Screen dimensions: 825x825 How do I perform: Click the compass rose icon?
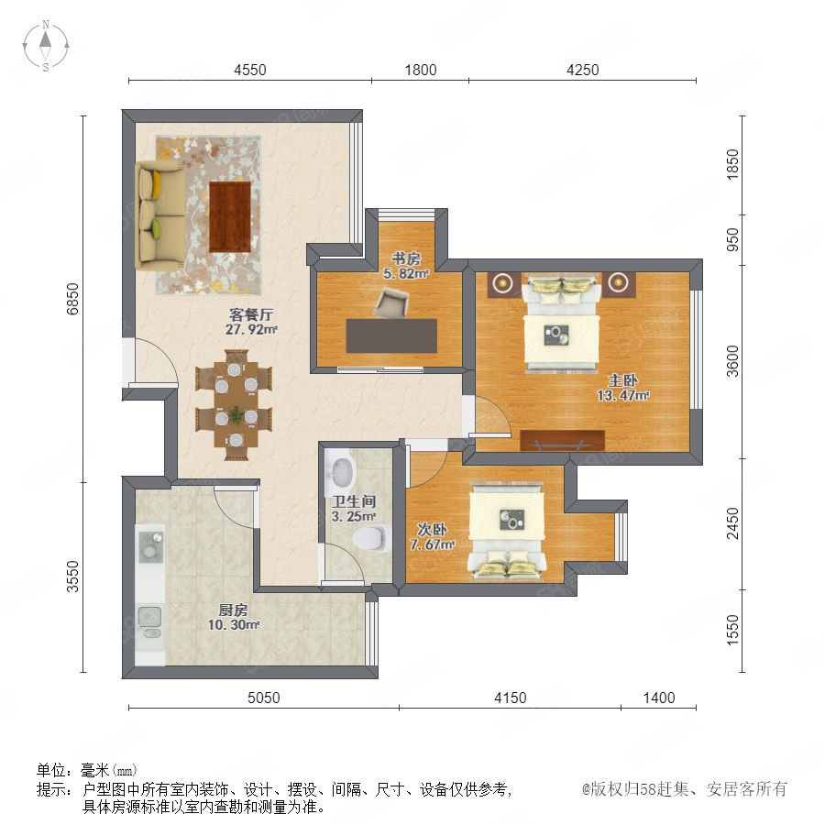pyautogui.click(x=46, y=46)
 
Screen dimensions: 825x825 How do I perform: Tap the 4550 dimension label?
pyautogui.click(x=250, y=70)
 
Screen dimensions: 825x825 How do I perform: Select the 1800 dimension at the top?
pyautogui.click(x=421, y=70)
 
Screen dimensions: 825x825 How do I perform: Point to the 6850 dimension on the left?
pyautogui.click(x=72, y=299)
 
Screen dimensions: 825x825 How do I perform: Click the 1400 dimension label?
pyautogui.click(x=659, y=698)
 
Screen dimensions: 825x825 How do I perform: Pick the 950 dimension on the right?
pyautogui.click(x=731, y=239)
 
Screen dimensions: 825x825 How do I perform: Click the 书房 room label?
pyautogui.click(x=406, y=258)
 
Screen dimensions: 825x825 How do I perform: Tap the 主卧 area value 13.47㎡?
pyautogui.click(x=623, y=395)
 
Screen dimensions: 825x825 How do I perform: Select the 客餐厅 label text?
pyautogui.click(x=251, y=314)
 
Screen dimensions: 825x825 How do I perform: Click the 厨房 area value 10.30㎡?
pyautogui.click(x=234, y=625)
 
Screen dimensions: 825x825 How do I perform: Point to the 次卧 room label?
pyautogui.click(x=432, y=529)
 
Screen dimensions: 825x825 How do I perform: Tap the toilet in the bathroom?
pyautogui.click(x=371, y=538)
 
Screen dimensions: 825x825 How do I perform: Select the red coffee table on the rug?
pyautogui.click(x=229, y=216)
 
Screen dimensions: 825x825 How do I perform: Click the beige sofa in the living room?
pyautogui.click(x=159, y=215)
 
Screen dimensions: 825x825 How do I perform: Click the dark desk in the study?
pyautogui.click(x=391, y=335)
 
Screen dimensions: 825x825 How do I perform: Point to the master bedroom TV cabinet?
pyautogui.click(x=562, y=440)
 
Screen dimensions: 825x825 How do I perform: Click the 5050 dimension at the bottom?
pyautogui.click(x=264, y=698)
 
